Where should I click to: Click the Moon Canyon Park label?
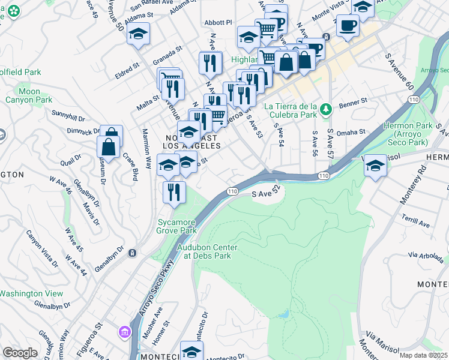(x=29, y=96)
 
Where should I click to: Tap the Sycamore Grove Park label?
(x=177, y=226)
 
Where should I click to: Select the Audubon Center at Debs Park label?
(x=207, y=251)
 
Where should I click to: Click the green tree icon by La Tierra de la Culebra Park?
(x=326, y=109)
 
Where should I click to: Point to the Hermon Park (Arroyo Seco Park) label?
(x=406, y=135)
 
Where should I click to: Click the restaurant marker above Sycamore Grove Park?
(x=173, y=193)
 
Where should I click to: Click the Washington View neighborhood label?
(x=31, y=293)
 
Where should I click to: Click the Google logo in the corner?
(x=20, y=353)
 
